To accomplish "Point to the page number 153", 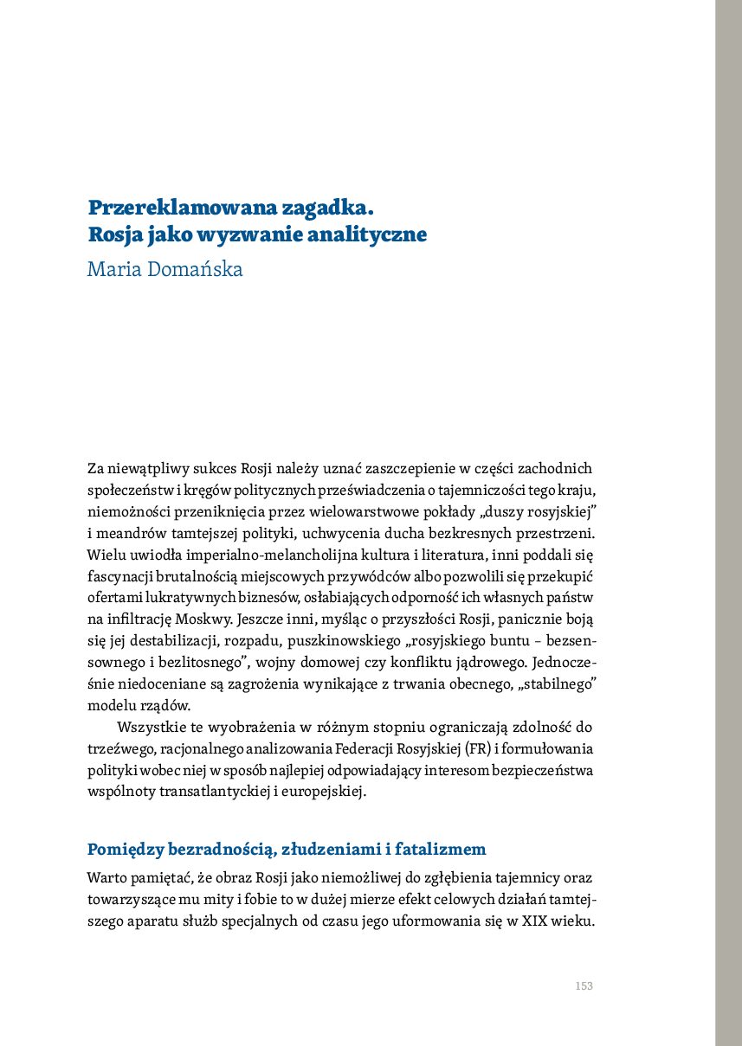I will click(x=584, y=986).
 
